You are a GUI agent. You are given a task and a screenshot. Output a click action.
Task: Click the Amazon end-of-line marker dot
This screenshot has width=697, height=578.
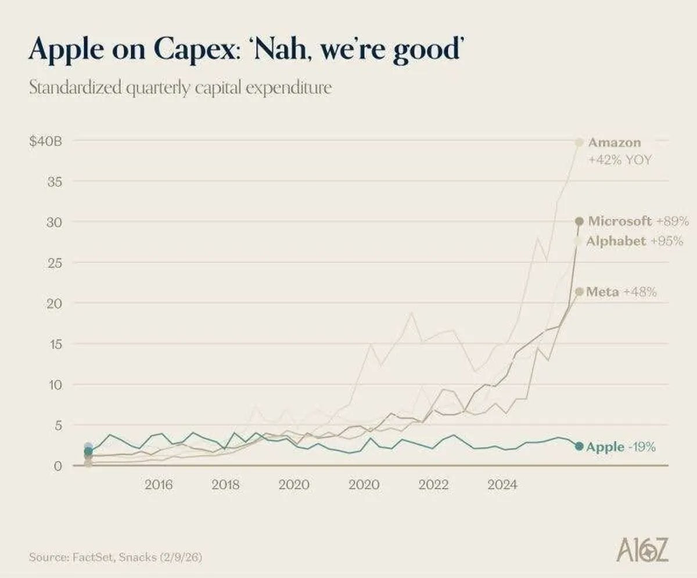point(579,142)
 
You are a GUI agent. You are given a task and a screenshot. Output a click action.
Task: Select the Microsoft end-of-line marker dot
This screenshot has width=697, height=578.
point(579,221)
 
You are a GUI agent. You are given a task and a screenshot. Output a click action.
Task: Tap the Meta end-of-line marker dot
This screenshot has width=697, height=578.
point(579,292)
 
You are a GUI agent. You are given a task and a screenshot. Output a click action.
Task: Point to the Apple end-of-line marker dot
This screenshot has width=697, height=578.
point(579,446)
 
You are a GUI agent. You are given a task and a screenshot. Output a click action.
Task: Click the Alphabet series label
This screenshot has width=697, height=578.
point(616,241)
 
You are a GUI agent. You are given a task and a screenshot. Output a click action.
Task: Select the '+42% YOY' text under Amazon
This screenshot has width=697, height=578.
point(620,160)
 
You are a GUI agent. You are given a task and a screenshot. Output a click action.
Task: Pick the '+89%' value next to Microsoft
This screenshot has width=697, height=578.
point(673,221)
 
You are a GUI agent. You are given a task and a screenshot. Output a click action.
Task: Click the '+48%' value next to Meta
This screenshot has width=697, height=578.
point(640,292)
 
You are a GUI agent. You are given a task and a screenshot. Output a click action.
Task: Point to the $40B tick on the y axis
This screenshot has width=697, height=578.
point(46,141)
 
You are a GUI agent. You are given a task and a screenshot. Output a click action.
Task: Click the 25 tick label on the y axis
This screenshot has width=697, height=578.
point(54,263)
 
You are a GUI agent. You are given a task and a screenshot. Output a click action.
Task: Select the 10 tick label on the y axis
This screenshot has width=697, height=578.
point(55,385)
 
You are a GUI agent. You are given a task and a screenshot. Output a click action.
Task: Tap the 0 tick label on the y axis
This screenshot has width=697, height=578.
point(58,466)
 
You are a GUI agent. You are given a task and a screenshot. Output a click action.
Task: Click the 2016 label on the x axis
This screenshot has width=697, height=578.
point(159,484)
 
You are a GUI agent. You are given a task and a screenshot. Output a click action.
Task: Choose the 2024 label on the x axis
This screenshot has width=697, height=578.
point(502,484)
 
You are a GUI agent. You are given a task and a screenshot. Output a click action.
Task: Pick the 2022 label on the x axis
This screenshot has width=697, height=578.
point(433,484)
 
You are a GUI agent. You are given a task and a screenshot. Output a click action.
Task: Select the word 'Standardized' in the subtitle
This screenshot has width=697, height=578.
point(76,88)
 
